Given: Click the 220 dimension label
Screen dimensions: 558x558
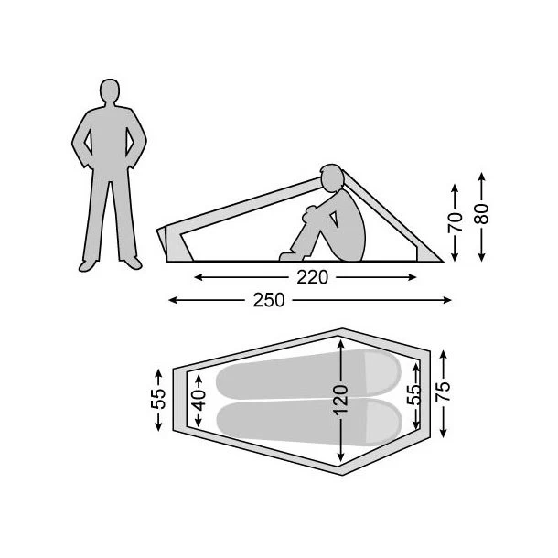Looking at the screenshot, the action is [x=312, y=277].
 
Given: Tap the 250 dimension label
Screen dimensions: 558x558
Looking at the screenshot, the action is [x=269, y=300].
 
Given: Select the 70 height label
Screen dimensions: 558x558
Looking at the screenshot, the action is [x=456, y=223].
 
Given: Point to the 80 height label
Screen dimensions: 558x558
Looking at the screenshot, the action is [x=481, y=213].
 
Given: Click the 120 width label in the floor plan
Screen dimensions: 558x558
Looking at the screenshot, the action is [x=341, y=400].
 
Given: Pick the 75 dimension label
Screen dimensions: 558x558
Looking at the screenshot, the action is [x=444, y=392].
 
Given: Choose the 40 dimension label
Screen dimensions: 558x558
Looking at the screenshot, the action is [x=199, y=401].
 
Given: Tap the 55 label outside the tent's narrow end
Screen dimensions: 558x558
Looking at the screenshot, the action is [x=158, y=399].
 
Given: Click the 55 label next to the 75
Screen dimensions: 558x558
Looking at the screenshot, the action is [x=415, y=394].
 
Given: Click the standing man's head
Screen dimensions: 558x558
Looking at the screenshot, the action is [x=110, y=91].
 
